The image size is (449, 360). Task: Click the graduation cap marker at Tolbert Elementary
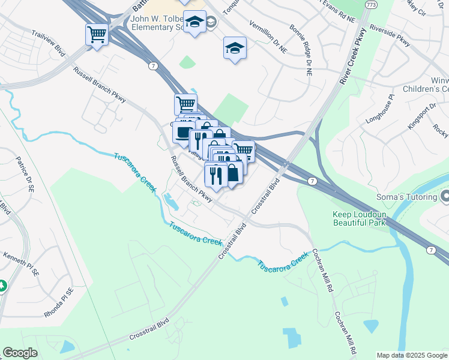point(194,23)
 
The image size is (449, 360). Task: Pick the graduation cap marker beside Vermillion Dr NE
point(235,49)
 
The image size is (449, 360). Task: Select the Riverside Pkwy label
point(390,35)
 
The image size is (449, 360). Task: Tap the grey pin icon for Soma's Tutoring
point(445,196)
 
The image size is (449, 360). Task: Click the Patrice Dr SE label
point(25,174)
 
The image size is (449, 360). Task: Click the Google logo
point(20,353)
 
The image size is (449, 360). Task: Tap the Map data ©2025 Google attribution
point(411,355)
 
